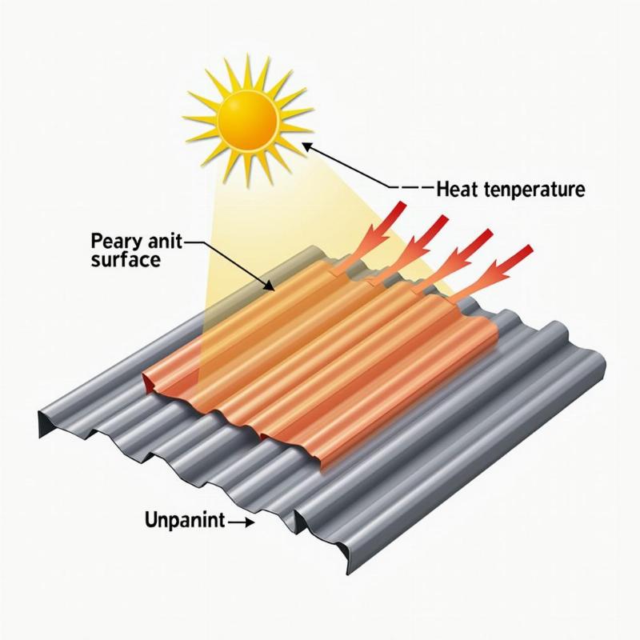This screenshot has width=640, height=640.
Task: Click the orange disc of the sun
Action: pyautogui.click(x=248, y=119)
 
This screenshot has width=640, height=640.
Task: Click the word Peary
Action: pyautogui.click(x=114, y=241)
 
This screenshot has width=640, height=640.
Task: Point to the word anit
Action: pyautogui.click(x=161, y=241)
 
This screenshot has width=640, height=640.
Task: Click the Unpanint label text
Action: pyautogui.click(x=182, y=522)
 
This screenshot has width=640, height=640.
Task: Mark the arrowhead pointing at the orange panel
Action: pyautogui.click(x=271, y=286)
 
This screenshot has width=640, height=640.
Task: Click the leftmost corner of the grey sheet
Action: pyautogui.click(x=39, y=418)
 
